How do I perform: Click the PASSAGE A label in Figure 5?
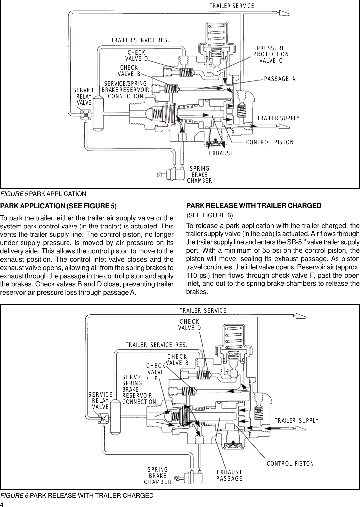280,79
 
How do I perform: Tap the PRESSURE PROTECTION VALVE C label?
271,55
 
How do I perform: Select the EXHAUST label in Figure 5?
221,153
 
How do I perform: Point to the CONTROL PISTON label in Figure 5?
270,142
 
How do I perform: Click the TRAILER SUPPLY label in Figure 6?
296,421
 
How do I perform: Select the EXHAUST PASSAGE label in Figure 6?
229,475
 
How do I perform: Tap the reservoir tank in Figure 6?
115,417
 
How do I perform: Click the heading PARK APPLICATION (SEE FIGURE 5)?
58,206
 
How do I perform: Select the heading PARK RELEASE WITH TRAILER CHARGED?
254,206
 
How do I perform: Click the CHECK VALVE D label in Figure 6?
189,325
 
